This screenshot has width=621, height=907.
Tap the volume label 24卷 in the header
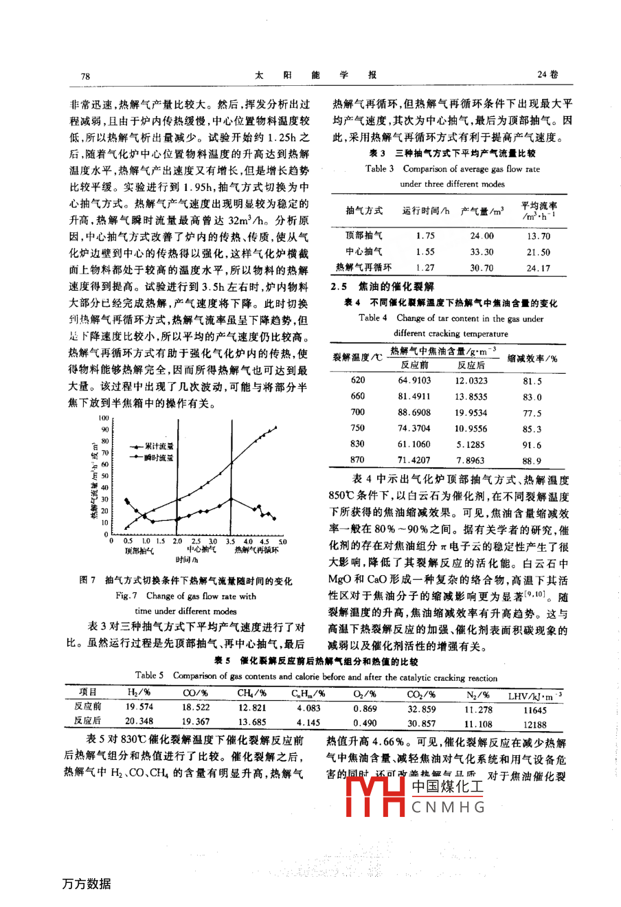(x=547, y=75)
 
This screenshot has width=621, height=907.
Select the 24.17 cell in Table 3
(x=537, y=268)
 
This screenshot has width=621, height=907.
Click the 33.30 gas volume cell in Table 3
(x=482, y=252)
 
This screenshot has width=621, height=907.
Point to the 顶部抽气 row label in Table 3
(x=364, y=236)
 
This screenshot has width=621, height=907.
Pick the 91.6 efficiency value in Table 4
(x=532, y=445)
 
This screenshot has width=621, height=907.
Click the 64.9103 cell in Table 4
(x=414, y=380)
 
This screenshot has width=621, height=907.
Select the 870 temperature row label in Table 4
(x=357, y=460)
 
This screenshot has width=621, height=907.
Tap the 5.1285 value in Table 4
(x=471, y=445)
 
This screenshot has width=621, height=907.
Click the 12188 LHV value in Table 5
(x=534, y=724)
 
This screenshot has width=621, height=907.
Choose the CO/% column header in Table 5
(x=196, y=693)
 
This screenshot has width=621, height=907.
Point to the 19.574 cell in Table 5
(x=139, y=707)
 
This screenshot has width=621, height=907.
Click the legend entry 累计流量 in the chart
(x=159, y=447)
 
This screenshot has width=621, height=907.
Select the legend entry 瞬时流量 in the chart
(x=159, y=457)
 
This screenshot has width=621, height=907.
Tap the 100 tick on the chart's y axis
(x=103, y=418)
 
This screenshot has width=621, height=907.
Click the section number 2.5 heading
(x=339, y=287)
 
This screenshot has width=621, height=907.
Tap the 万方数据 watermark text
(x=87, y=884)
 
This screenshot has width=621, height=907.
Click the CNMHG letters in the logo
(x=449, y=807)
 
